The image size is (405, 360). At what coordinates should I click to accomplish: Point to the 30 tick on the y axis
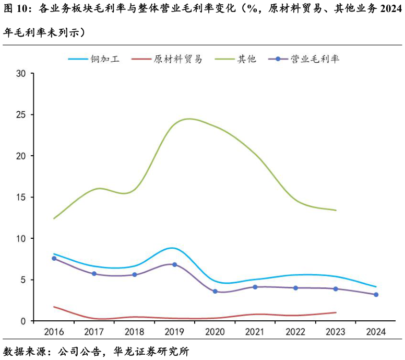pos(21,74)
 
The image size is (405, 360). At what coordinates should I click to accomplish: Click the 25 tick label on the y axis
pos(21,115)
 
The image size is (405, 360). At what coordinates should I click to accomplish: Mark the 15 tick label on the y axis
pos(21,198)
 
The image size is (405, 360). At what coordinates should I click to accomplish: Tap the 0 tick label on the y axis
pos(23,321)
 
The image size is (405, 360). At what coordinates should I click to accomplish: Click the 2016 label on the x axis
pos(54,332)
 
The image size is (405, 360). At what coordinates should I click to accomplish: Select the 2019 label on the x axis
pos(174,332)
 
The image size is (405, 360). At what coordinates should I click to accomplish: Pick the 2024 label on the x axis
pos(376,332)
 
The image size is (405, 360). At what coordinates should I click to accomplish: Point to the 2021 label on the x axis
pos(255,332)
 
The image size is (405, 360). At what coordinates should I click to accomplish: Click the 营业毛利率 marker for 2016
pos(54,258)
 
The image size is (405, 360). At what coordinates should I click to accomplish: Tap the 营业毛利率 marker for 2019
pos(174,264)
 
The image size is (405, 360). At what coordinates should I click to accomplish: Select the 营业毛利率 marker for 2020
pos(215,291)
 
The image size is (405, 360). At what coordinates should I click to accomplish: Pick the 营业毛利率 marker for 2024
pos(376,295)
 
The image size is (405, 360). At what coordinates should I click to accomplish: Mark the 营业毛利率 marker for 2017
pos(94,274)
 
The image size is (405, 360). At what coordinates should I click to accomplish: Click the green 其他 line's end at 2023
pos(336,210)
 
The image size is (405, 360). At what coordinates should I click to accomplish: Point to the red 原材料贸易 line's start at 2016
pos(54,307)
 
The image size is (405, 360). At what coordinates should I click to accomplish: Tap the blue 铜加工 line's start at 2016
pos(54,254)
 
